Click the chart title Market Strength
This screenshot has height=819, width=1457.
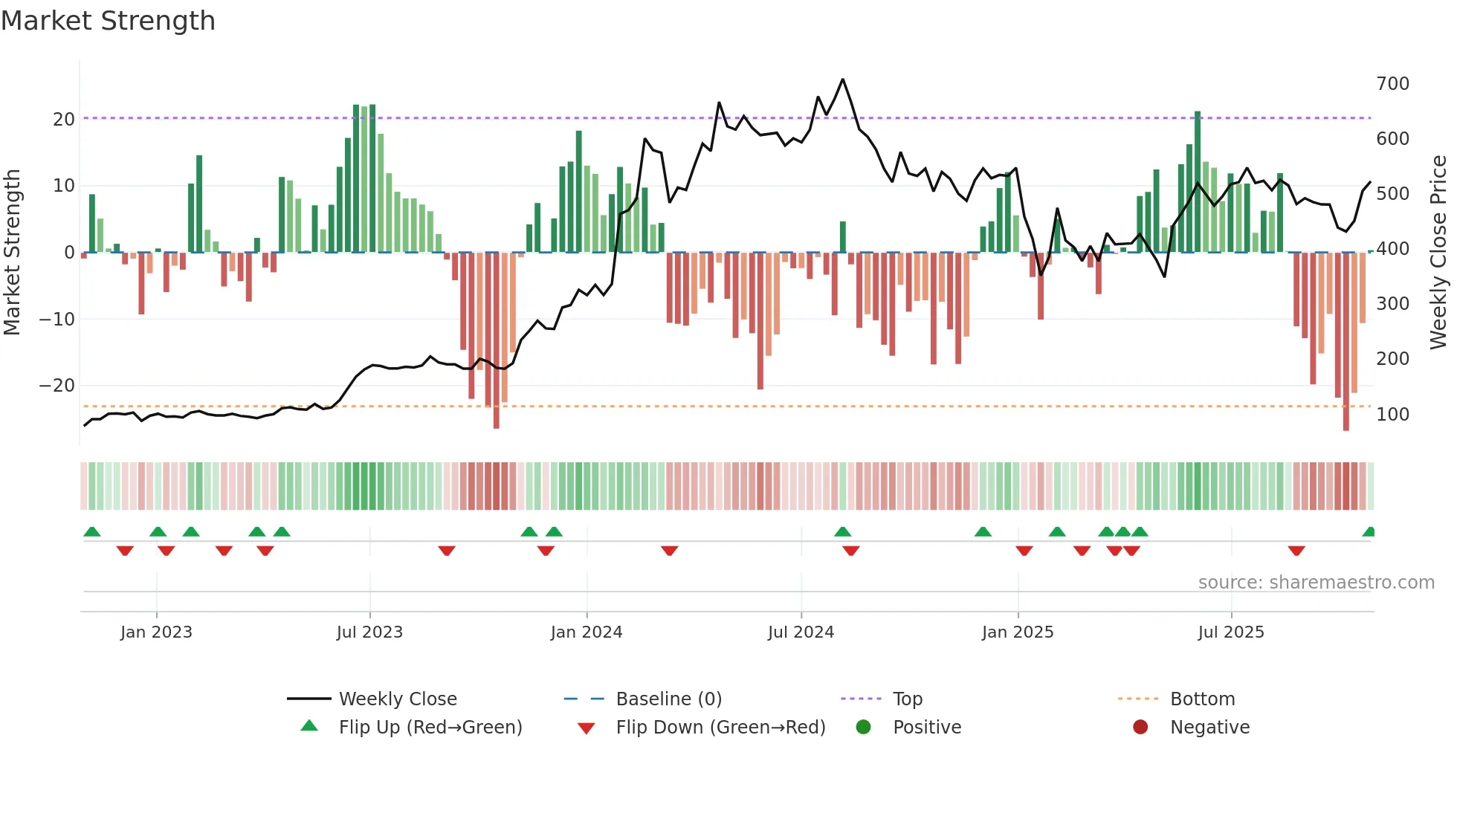[x=108, y=21]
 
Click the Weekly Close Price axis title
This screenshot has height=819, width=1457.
[x=1438, y=252]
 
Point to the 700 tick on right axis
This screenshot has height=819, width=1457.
[x=1392, y=83]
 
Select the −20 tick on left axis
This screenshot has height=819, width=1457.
[x=57, y=385]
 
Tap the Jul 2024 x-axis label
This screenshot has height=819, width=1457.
[x=801, y=632]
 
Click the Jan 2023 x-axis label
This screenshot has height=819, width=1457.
[x=156, y=632]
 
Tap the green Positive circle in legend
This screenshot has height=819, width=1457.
[x=863, y=727]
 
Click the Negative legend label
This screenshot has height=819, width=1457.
[x=1209, y=727]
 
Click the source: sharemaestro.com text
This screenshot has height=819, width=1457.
[x=1316, y=582]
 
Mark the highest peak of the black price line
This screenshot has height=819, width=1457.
[x=842, y=80]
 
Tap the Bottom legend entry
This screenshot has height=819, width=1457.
[x=1202, y=699]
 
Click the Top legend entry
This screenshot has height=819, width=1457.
[x=907, y=699]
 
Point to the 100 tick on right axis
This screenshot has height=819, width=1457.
[x=1392, y=414]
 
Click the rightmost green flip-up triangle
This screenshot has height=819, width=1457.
[x=1369, y=532]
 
